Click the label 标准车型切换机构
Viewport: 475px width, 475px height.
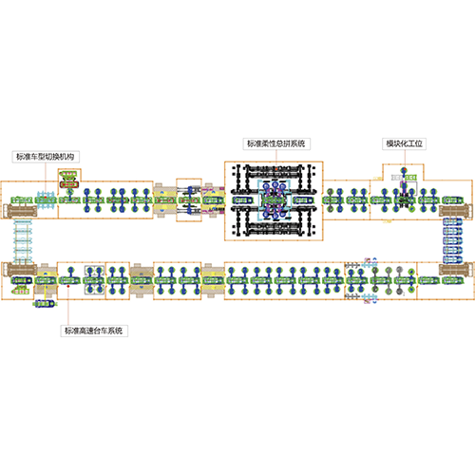tap(46, 157)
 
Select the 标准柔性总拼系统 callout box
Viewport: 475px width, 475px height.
tap(276, 143)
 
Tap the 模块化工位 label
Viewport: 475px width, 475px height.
tap(404, 143)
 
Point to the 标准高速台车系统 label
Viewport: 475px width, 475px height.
tap(94, 331)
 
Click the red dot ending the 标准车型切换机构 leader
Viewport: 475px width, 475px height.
tap(46, 198)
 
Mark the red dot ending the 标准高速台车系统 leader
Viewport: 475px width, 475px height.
tap(68, 286)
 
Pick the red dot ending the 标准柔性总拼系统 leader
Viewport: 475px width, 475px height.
tap(276, 169)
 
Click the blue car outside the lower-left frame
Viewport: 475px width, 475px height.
tap(45, 304)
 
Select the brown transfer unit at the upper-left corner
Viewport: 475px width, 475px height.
tap(20, 211)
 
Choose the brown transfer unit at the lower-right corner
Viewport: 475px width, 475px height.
tap(455, 269)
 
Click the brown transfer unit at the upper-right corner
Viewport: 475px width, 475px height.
tap(455, 212)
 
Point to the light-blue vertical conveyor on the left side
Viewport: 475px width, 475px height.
tap(23, 240)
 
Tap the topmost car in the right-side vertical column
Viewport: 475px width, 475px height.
tap(452, 221)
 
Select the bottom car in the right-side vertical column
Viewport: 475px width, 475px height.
tap(452, 259)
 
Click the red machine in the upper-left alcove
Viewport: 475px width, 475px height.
tap(68, 184)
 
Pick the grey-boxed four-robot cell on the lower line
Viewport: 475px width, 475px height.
tap(94, 280)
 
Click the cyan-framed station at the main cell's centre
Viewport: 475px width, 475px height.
tap(275, 200)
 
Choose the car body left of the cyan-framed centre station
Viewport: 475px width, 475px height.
tap(242, 200)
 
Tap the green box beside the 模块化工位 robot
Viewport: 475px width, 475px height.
tap(411, 178)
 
